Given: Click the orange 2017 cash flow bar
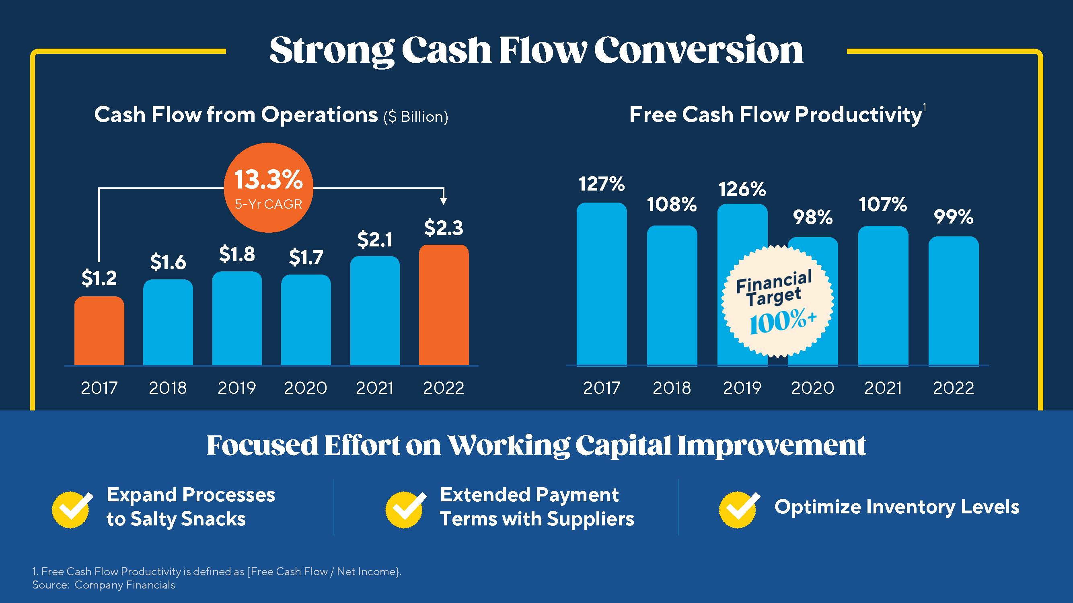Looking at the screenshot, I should point(99,331).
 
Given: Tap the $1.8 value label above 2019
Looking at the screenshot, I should point(236,254).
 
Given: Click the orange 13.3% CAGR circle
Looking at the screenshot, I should point(268,188).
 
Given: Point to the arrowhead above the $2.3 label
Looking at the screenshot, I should point(444,201).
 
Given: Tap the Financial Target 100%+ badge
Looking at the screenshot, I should point(777,301).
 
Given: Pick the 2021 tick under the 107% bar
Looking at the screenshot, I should point(883,388).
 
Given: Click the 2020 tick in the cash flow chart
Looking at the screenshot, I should point(305,388).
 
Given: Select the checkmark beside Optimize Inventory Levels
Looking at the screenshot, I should point(738,509).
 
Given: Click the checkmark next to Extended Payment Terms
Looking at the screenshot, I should point(405,509).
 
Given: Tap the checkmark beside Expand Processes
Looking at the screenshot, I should point(72,509).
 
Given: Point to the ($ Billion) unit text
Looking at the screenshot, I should point(416,117).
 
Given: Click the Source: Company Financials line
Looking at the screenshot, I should point(104,585).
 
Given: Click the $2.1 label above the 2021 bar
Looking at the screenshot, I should point(374,240).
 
